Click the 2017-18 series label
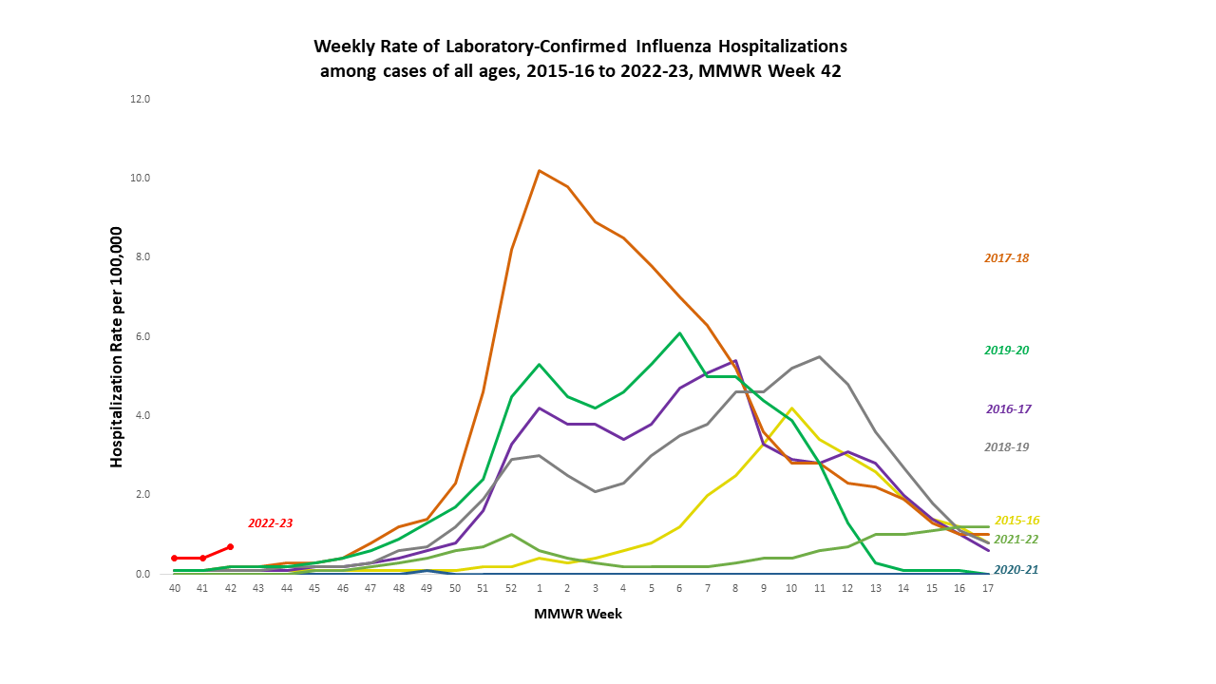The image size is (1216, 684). (x=1006, y=257)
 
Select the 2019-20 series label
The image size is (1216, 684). (x=1006, y=350)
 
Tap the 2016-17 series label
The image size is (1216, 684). (x=1008, y=408)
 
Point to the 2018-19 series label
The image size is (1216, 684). (x=1006, y=446)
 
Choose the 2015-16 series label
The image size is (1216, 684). (x=1016, y=521)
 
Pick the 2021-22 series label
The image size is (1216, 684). (x=1016, y=539)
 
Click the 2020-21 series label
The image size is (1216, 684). (x=1016, y=570)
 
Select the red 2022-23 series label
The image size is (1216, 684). (x=271, y=522)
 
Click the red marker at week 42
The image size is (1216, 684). (x=231, y=546)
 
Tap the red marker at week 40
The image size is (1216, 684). (x=175, y=558)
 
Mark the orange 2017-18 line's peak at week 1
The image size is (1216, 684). (x=539, y=171)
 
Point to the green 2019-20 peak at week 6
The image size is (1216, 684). (x=679, y=333)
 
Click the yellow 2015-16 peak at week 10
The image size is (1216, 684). (x=791, y=408)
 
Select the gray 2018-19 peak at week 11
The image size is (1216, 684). (x=819, y=357)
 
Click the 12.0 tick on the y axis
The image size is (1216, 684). (x=142, y=99)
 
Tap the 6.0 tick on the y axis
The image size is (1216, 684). (x=142, y=336)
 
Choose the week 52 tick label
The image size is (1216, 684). (x=511, y=589)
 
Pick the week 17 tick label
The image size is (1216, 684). (x=988, y=589)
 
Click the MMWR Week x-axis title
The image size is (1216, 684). (x=578, y=614)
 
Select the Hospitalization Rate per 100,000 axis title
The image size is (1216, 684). (x=118, y=347)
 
